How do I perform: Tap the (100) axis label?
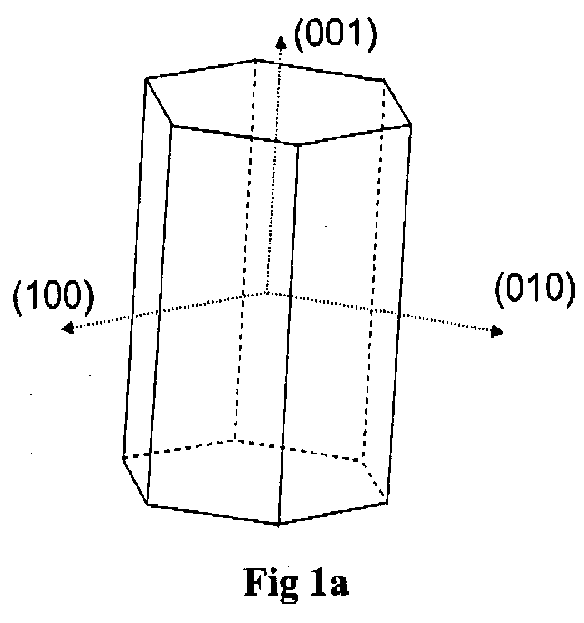coord(54,296)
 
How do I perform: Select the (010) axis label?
coord(535,289)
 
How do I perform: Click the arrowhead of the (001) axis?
coord(281,41)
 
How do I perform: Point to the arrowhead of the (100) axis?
coord(68,328)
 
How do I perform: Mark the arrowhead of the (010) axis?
coord(497,330)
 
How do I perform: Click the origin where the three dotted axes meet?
coord(267,293)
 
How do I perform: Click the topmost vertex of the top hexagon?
coord(256,61)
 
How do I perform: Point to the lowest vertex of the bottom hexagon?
coord(278,525)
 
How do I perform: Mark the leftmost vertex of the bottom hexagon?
coord(123,458)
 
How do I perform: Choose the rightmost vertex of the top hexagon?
coord(411,125)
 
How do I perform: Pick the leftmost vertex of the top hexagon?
coord(146,79)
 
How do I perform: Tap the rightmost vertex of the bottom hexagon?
coord(387,503)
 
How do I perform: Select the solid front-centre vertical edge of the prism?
coord(288,335)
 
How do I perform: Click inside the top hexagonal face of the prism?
coord(278,101)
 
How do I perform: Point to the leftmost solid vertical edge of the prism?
coord(134,268)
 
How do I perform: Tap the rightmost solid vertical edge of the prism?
coord(399,314)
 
